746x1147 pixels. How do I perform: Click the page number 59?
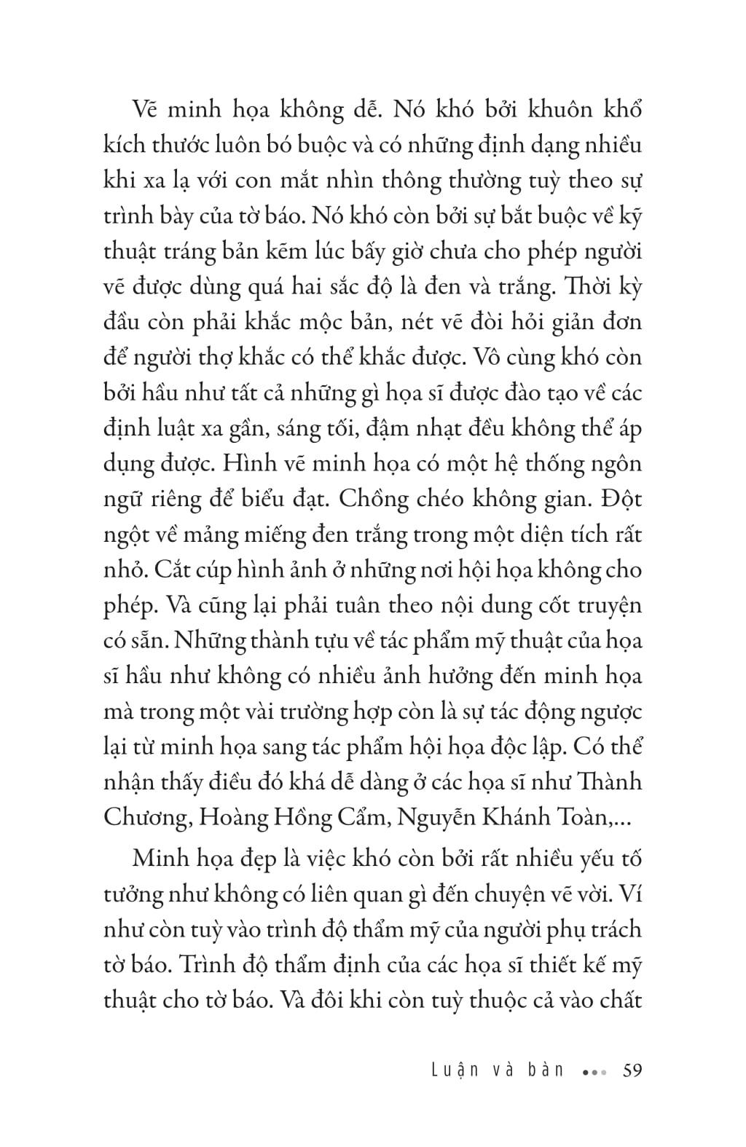(x=629, y=1070)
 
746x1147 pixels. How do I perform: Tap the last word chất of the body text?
(x=616, y=1000)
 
